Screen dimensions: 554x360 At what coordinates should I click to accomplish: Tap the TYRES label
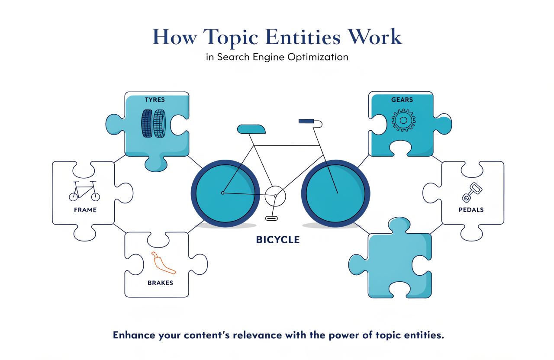pyautogui.click(x=155, y=100)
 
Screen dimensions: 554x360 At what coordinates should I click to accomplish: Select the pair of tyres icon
pyautogui.click(x=153, y=123)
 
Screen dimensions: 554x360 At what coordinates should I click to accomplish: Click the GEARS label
pyautogui.click(x=402, y=100)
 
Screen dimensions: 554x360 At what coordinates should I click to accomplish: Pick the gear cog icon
pyautogui.click(x=403, y=120)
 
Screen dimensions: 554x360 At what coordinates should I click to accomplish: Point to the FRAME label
pyautogui.click(x=85, y=210)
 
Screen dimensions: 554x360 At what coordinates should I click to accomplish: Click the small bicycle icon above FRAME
pyautogui.click(x=84, y=191)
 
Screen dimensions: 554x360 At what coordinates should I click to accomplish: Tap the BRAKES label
pyautogui.click(x=160, y=283)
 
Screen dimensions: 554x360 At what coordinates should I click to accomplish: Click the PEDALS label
pyautogui.click(x=471, y=210)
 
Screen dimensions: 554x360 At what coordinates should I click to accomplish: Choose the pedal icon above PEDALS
pyautogui.click(x=472, y=193)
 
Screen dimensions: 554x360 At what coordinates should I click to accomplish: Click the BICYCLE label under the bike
pyautogui.click(x=278, y=240)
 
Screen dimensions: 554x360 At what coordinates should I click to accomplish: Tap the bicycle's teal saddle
pyautogui.click(x=251, y=129)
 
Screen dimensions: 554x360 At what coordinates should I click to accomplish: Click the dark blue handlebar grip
pyautogui.click(x=306, y=121)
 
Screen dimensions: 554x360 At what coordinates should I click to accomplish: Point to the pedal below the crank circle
pyautogui.click(x=271, y=219)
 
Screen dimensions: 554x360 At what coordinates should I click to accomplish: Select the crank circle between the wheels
pyautogui.click(x=275, y=186)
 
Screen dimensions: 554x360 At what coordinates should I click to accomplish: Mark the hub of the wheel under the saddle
pyautogui.click(x=222, y=193)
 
